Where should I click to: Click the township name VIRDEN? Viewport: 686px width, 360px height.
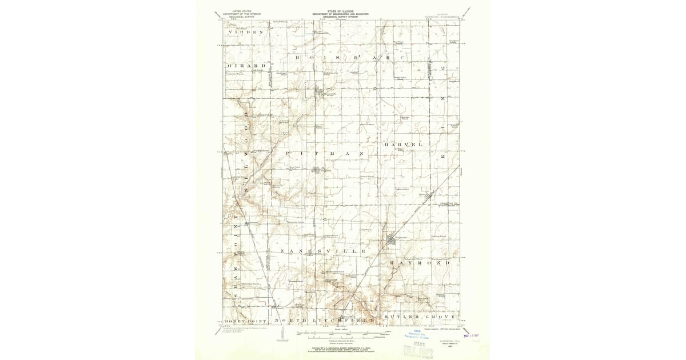[246, 32]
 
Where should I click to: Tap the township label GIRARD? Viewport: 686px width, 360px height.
[246, 66]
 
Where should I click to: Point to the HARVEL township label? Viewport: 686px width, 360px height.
[407, 145]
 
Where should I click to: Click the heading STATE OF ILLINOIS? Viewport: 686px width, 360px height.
[340, 11]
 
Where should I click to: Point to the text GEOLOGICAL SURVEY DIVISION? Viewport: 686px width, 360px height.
[340, 17]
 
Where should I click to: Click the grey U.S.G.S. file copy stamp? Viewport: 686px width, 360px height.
[417, 350]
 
